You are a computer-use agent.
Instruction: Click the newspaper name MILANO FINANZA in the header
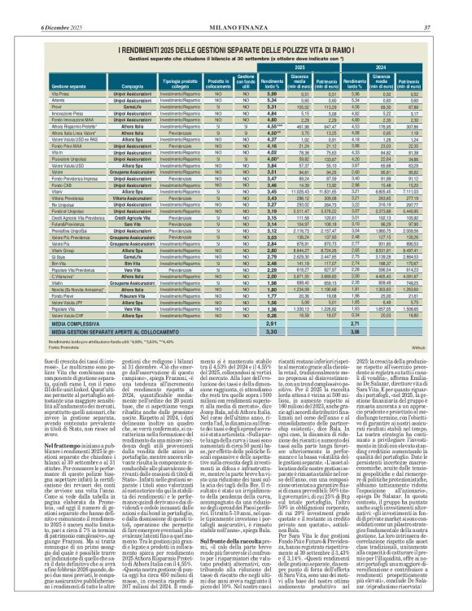237,7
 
